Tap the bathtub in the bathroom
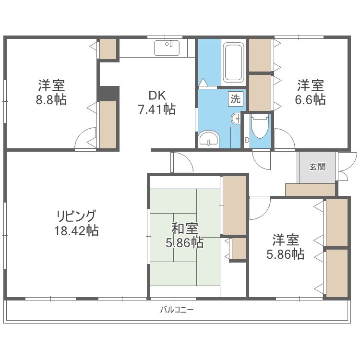pyautogui.click(x=234, y=62)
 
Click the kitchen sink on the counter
pyautogui.click(x=167, y=48)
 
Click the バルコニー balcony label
pyautogui.click(x=177, y=310)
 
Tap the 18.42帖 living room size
pyautogui.click(x=76, y=230)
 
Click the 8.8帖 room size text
pyautogui.click(x=51, y=100)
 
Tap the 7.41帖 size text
pyautogui.click(x=156, y=109)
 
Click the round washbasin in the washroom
pyautogui.click(x=208, y=139)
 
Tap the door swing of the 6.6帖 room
pyautogui.click(x=283, y=139)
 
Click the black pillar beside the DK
pyautogui.click(x=108, y=93)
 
